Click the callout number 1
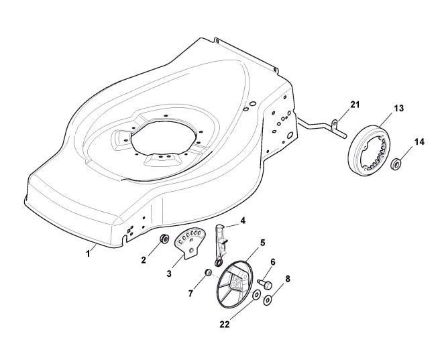coord(87,253)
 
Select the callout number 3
coord(170,274)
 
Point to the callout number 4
coord(243,220)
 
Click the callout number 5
coord(262,241)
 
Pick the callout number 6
coord(273,263)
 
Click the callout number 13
coord(398,109)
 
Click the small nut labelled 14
coord(396,162)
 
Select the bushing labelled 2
coord(163,239)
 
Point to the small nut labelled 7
coord(209,273)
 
